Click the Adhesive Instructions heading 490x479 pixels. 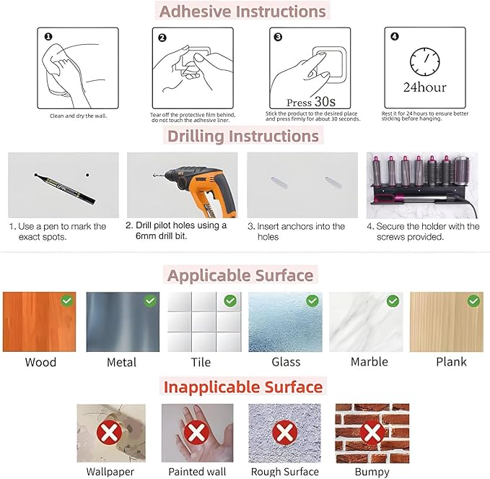[x=242, y=12]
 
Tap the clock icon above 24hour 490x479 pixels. [x=424, y=61]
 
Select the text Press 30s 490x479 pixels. [x=310, y=102]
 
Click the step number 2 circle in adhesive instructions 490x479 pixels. [x=162, y=38]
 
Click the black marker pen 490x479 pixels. [x=65, y=189]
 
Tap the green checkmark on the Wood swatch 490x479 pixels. [x=67, y=301]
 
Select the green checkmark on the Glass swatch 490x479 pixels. [x=312, y=301]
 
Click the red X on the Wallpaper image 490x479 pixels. [x=110, y=433]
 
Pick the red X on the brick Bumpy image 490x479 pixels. [x=372, y=433]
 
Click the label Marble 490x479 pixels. [x=369, y=362]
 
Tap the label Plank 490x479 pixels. [x=451, y=362]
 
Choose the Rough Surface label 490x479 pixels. [x=284, y=471]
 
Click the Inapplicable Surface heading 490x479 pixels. [x=243, y=387]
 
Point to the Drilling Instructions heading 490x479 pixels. [x=243, y=136]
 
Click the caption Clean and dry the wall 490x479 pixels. [x=79, y=116]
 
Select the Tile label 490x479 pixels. [x=201, y=362]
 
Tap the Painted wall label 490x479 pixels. [x=197, y=471]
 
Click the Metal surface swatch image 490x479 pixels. [x=123, y=322]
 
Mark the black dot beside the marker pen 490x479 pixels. [x=87, y=175]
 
